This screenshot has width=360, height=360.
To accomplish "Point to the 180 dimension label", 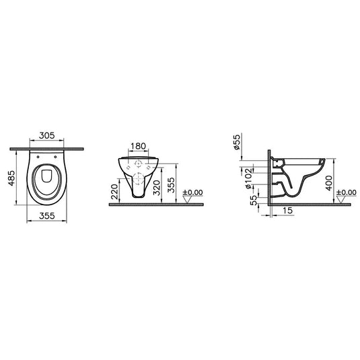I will click(139, 147).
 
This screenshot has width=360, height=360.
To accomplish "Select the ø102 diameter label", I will click(249, 178).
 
